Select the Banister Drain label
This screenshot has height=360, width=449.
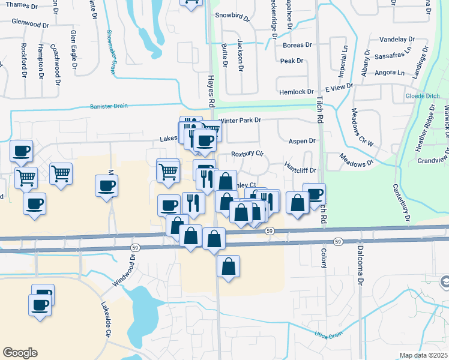109,106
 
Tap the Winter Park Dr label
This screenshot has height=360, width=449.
240,120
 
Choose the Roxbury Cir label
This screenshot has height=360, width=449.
248,153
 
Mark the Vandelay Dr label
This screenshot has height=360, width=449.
397,39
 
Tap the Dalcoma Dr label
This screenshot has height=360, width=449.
361,263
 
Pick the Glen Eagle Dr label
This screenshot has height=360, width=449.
74,47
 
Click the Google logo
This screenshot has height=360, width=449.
20,353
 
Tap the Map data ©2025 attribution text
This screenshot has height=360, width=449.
424,355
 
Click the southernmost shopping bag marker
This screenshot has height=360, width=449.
229,267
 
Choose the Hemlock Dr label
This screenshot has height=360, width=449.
297,92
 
